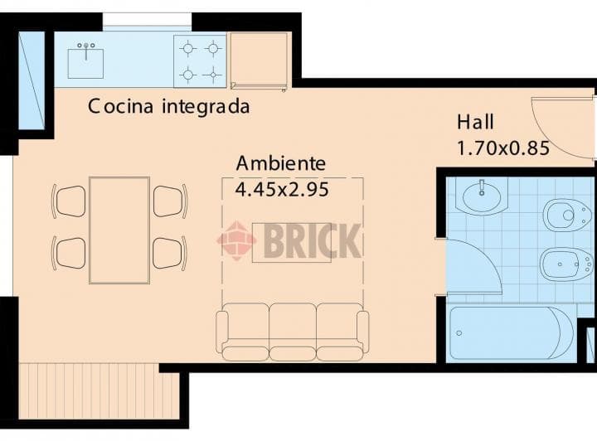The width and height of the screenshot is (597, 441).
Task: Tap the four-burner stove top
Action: coord(200,61)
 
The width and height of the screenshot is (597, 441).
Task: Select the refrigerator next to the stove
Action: coord(259,61)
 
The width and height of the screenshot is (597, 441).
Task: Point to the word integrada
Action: coord(206,107)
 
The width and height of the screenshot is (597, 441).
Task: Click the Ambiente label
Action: coord(280,162)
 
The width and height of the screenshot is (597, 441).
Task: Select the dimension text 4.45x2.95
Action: coord(282,189)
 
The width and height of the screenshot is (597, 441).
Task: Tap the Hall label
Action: coord(475,123)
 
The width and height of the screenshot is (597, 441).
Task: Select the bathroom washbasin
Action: coord(483,197)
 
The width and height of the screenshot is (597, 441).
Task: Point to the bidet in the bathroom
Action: coord(565,264)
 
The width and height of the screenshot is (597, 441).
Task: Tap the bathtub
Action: coord(510,333)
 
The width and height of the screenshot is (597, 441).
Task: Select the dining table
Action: coord(119,230)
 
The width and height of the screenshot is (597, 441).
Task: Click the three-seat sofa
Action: coord(292,331)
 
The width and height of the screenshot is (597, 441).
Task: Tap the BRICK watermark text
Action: coord(312,241)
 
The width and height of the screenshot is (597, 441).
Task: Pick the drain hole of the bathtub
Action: coord(459,333)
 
